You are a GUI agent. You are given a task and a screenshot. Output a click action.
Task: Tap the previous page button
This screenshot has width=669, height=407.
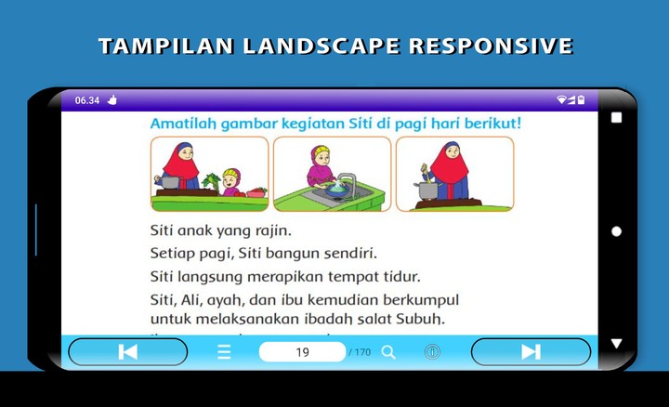(128, 351)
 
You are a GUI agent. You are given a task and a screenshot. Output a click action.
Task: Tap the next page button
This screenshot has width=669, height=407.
(531, 351)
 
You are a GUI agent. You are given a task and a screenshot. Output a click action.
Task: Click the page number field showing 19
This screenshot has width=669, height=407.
(302, 352)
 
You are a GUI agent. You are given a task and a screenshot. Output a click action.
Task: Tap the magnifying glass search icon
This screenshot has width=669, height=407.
(388, 352)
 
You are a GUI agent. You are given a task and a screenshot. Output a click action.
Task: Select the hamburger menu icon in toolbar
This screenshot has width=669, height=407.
(224, 352)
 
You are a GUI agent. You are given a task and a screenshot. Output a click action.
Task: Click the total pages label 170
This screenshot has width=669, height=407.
(360, 352)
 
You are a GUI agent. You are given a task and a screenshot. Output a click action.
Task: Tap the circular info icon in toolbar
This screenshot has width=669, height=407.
(432, 352)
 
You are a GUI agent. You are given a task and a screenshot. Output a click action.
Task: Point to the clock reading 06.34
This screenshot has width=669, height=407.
(87, 100)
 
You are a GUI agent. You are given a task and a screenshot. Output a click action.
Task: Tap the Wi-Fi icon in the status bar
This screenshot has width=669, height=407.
(561, 99)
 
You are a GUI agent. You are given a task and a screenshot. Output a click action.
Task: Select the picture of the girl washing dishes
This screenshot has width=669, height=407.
(332, 174)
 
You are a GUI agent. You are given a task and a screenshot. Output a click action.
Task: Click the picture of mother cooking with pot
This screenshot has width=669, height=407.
(454, 174)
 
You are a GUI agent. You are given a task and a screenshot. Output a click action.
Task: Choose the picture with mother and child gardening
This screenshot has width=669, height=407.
(209, 174)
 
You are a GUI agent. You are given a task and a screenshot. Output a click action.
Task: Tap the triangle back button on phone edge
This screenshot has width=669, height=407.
(616, 344)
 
